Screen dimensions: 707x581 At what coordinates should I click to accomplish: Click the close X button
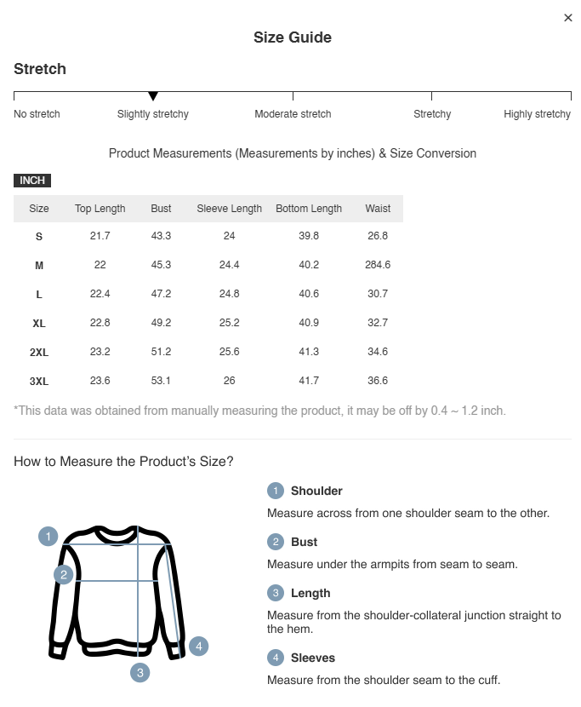pos(568,18)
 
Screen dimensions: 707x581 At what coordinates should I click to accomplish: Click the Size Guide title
pos(293,37)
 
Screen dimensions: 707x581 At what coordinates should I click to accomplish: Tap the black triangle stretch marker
pos(153,96)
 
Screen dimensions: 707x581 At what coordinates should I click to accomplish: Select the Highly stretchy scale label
pos(537,114)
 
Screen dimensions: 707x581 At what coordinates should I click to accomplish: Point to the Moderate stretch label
pos(293,114)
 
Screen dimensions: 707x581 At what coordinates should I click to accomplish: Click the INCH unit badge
pos(32,181)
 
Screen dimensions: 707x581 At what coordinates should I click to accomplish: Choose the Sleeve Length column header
pos(229,209)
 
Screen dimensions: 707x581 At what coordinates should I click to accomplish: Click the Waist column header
pos(378,209)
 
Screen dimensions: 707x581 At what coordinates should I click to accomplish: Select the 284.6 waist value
pos(378,265)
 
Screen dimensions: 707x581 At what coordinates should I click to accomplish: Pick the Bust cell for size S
pos(161,236)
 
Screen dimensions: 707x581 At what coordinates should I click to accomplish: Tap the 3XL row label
pos(39,382)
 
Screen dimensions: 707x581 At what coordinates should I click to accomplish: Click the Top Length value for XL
pos(100,323)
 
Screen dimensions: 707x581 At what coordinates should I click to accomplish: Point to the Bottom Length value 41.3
pos(309,352)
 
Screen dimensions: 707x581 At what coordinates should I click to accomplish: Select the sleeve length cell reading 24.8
pos(229,294)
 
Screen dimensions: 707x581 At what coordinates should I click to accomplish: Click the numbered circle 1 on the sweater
pos(48,537)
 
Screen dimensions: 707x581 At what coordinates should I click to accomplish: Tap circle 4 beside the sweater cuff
pos(198,647)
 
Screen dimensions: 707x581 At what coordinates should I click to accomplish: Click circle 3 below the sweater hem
pos(140,673)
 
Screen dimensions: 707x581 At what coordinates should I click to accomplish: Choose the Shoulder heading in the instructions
pos(316,491)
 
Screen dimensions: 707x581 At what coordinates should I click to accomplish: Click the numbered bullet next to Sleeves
pos(275,658)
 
